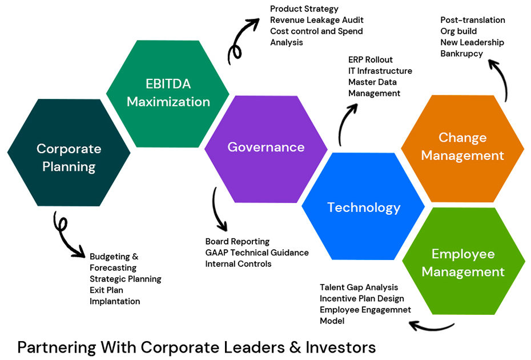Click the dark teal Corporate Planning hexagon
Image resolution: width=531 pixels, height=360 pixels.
coord(69,157)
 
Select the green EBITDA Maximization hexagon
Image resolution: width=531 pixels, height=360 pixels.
coord(168,93)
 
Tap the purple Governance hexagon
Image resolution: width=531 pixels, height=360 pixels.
coord(266,147)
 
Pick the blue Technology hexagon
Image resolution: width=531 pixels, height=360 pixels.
coord(364,207)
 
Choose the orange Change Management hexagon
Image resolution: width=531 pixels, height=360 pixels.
coord(462,146)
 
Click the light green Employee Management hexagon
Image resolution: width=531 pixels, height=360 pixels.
coord(463,263)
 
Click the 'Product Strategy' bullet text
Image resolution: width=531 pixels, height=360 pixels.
coord(304,9)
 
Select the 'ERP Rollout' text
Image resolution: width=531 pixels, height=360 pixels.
coord(371,59)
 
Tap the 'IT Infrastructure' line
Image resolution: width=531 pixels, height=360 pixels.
coord(380,71)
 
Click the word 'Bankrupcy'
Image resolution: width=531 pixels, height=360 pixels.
coord(461,54)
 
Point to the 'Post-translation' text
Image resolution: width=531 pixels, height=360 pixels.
coord(473,20)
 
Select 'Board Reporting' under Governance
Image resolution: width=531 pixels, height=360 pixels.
coord(238,242)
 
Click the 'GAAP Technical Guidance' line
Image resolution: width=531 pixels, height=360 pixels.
coord(257,253)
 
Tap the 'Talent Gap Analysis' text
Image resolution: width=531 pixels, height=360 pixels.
coord(359,287)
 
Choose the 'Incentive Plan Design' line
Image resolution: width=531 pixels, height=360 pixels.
coord(362,298)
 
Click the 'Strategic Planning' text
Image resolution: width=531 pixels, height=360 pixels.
coord(126,279)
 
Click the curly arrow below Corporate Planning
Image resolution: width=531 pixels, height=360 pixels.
coord(66,235)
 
